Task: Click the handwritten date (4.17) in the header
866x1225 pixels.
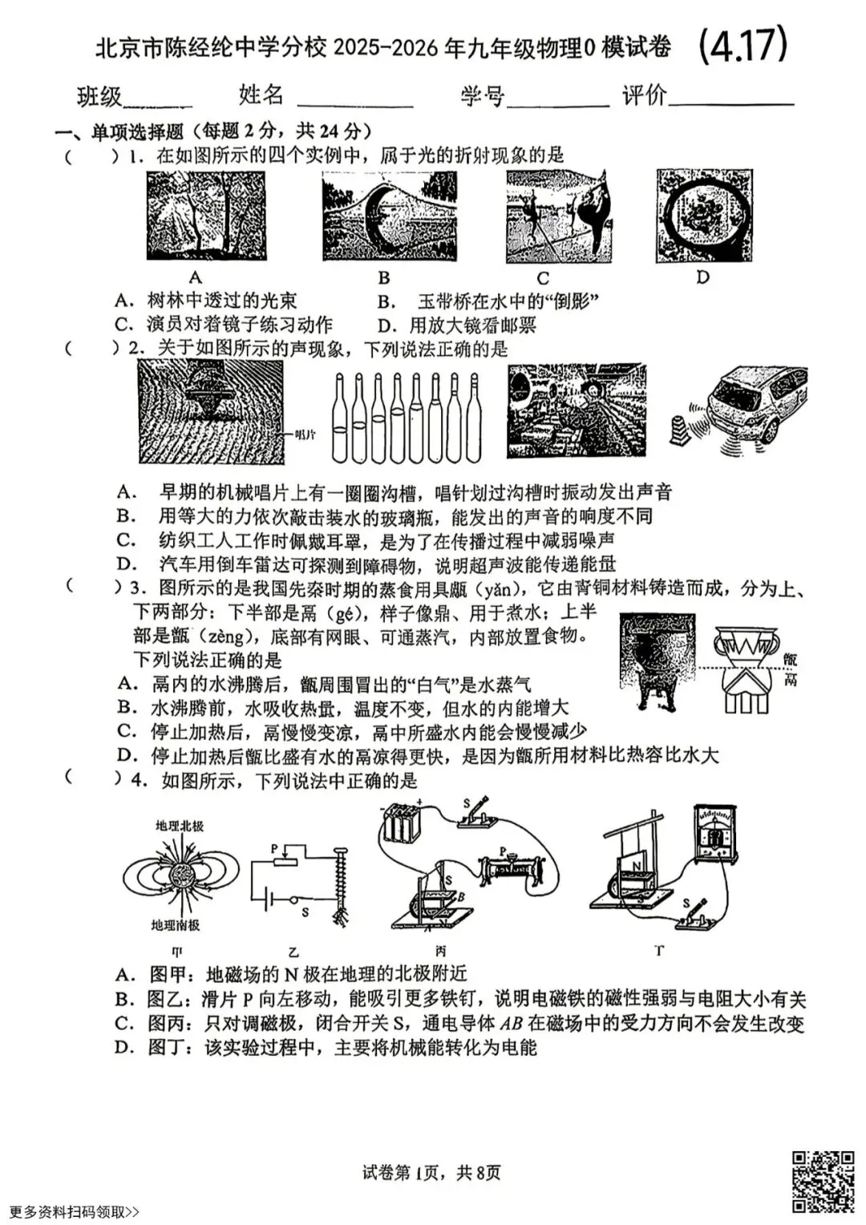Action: pyautogui.click(x=743, y=45)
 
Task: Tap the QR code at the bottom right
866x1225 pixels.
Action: pyautogui.click(x=823, y=1182)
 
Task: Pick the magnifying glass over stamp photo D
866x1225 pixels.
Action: pyautogui.click(x=703, y=216)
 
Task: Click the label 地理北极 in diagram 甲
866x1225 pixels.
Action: pyautogui.click(x=179, y=825)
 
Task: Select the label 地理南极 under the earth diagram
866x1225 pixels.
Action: pyautogui.click(x=175, y=925)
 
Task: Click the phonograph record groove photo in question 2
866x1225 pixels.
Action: pyautogui.click(x=211, y=410)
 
